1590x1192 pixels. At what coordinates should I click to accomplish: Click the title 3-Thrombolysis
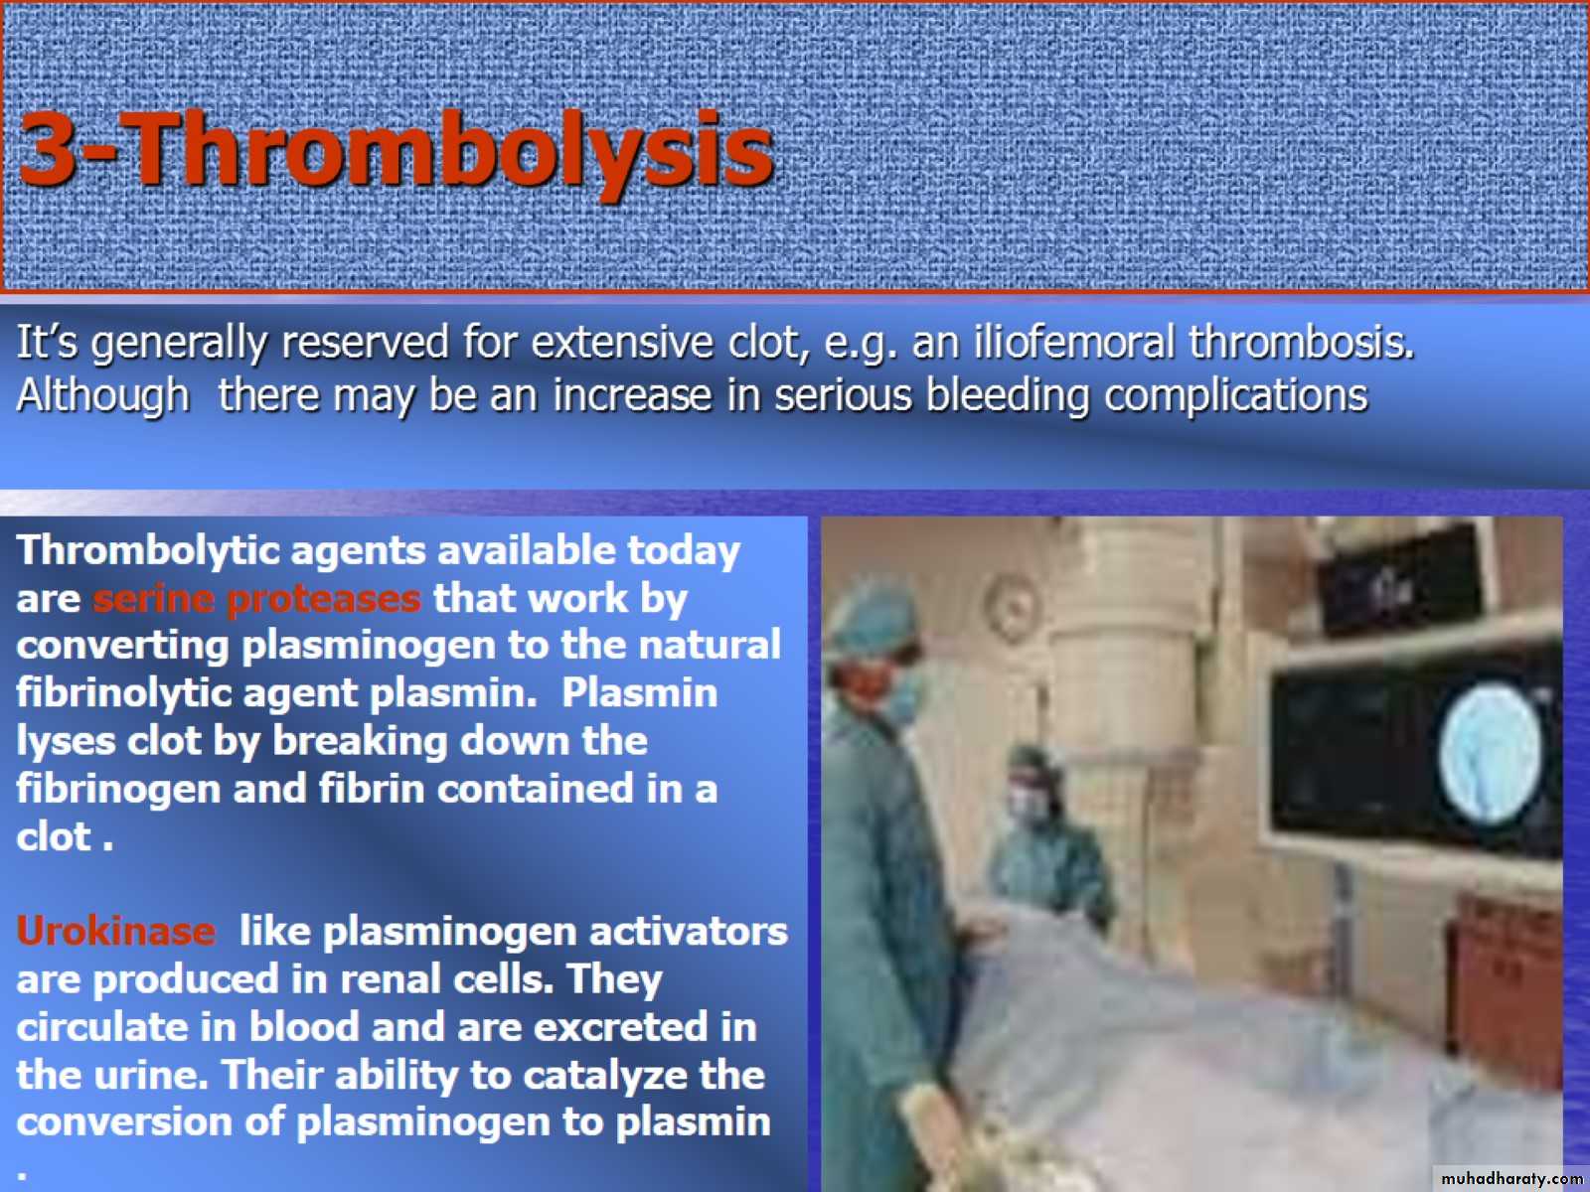(x=397, y=151)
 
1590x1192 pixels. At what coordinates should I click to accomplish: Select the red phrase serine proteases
(x=256, y=599)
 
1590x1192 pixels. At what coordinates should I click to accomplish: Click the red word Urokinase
(x=116, y=932)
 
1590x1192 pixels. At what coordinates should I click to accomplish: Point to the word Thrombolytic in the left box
(x=148, y=551)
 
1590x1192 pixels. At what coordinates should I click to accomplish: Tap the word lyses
(x=65, y=742)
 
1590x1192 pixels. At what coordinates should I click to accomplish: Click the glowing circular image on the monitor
(x=1490, y=753)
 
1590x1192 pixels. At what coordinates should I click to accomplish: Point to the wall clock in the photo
(x=1011, y=607)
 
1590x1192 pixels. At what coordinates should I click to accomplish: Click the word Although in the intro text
(x=103, y=396)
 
